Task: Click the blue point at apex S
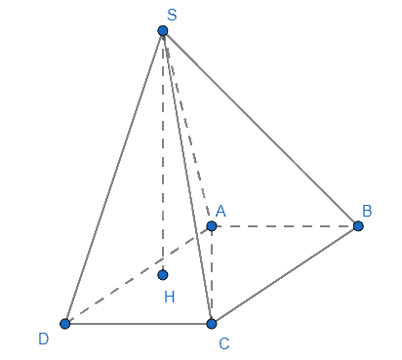click(163, 30)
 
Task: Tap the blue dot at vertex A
click(212, 225)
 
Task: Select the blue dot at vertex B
click(358, 225)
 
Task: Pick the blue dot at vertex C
click(212, 324)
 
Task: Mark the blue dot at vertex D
click(65, 324)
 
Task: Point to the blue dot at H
click(163, 275)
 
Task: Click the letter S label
click(172, 15)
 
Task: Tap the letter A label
click(221, 211)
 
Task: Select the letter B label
click(367, 211)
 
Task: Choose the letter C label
click(224, 343)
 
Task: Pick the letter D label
click(44, 339)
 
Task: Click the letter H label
click(170, 297)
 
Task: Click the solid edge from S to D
click(114, 178)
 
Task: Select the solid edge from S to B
click(261, 128)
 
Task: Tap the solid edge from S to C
click(187, 178)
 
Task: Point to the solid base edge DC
click(139, 324)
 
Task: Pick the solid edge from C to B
click(285, 275)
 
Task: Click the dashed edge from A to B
click(285, 225)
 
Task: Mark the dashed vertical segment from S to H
click(163, 153)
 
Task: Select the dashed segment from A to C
click(212, 275)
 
